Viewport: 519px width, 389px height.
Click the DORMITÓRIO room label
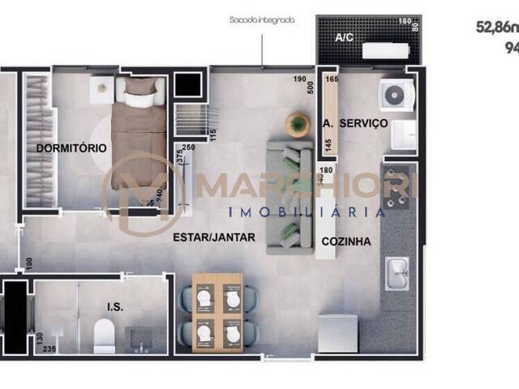71,148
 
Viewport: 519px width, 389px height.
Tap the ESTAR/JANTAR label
214,237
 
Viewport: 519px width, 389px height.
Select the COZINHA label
346,242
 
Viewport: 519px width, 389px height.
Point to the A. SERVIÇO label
354,124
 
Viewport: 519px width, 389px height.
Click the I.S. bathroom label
114,307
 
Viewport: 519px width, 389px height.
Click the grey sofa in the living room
290,197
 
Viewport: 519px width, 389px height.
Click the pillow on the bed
138,87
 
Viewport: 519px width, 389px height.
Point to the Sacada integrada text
261,20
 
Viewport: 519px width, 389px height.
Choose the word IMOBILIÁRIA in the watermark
307,212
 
